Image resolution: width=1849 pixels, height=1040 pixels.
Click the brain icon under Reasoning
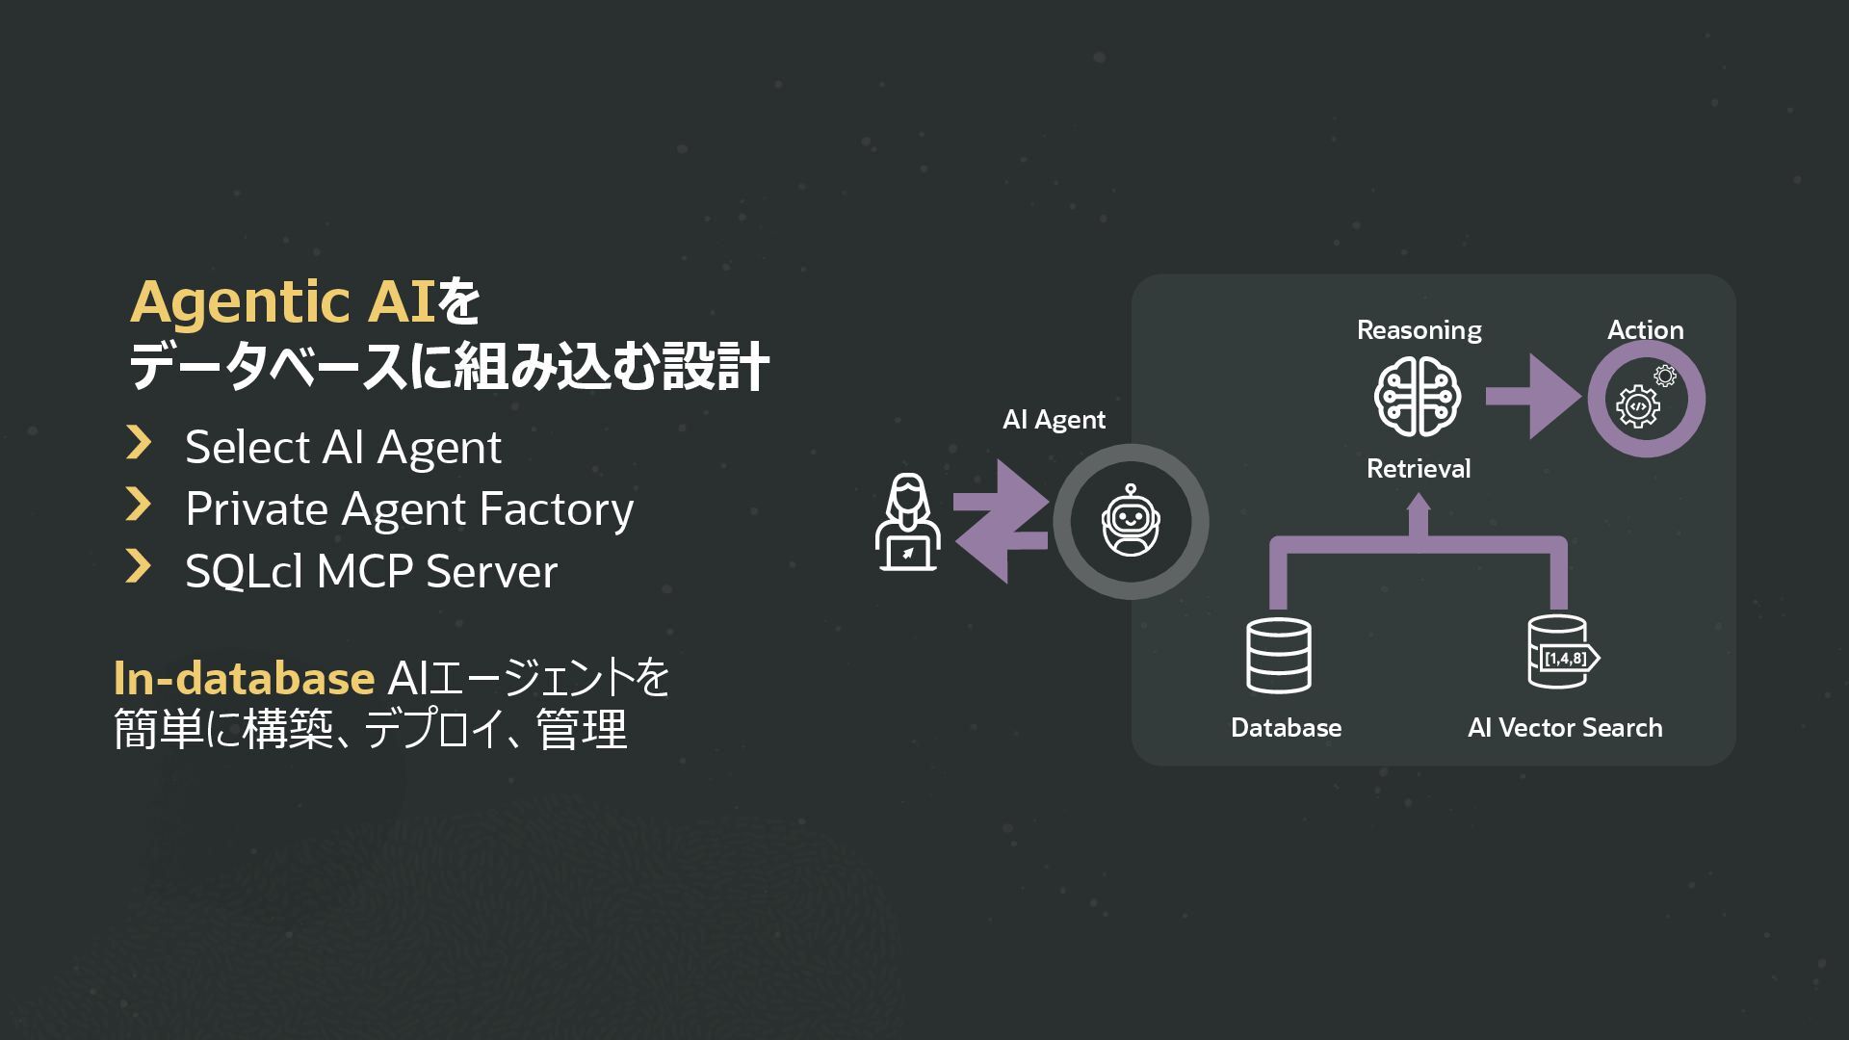(1418, 396)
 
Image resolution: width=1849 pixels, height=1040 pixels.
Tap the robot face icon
(1131, 521)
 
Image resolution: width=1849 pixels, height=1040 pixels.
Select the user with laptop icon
(906, 523)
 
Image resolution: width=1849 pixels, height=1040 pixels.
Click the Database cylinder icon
(1278, 656)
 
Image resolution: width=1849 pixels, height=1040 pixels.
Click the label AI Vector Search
(1565, 728)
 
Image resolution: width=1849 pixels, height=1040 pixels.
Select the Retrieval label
(1419, 469)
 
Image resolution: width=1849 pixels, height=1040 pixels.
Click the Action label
(1645, 330)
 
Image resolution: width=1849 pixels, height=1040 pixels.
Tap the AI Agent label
(1054, 420)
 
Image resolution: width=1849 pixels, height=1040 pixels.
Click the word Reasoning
(1419, 330)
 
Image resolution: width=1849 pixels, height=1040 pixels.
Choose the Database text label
(1286, 728)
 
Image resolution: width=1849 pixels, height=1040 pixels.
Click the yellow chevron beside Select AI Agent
(139, 443)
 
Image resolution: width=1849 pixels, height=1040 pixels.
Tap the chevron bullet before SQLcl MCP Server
(139, 567)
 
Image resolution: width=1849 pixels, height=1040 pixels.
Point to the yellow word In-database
(244, 678)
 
